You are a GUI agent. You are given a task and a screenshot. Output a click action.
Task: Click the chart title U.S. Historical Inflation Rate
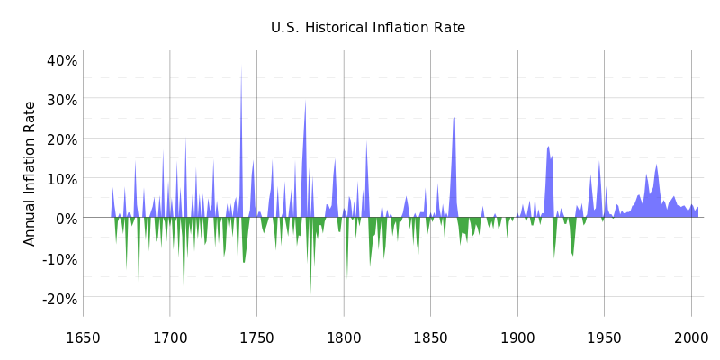click(x=368, y=28)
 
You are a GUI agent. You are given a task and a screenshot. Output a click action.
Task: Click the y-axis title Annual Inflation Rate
click(x=31, y=173)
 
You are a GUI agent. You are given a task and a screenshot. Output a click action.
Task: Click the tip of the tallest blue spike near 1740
click(x=241, y=65)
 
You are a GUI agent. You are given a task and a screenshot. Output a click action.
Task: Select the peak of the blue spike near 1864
click(x=454, y=118)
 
